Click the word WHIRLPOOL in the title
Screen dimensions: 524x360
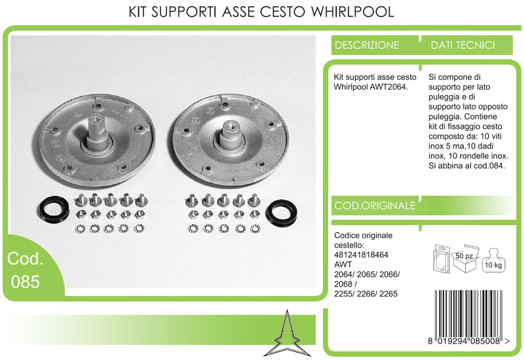pyautogui.click(x=352, y=12)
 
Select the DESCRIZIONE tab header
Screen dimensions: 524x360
pyautogui.click(x=367, y=45)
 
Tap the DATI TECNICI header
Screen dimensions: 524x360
pyautogui.click(x=462, y=45)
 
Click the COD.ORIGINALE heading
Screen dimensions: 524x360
pyautogui.click(x=375, y=206)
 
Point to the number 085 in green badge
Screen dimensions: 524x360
pyautogui.click(x=26, y=281)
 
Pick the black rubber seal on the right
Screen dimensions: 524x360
pyautogui.click(x=282, y=212)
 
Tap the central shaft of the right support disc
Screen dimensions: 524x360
pyautogui.click(x=231, y=136)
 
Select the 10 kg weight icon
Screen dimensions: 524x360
pyautogui.click(x=494, y=261)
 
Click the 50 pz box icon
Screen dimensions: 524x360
pyautogui.click(x=466, y=258)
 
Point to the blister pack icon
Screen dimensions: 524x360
pyautogui.click(x=441, y=259)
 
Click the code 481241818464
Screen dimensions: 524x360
pyautogui.click(x=361, y=255)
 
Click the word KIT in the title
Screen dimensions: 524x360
pyautogui.click(x=138, y=12)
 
